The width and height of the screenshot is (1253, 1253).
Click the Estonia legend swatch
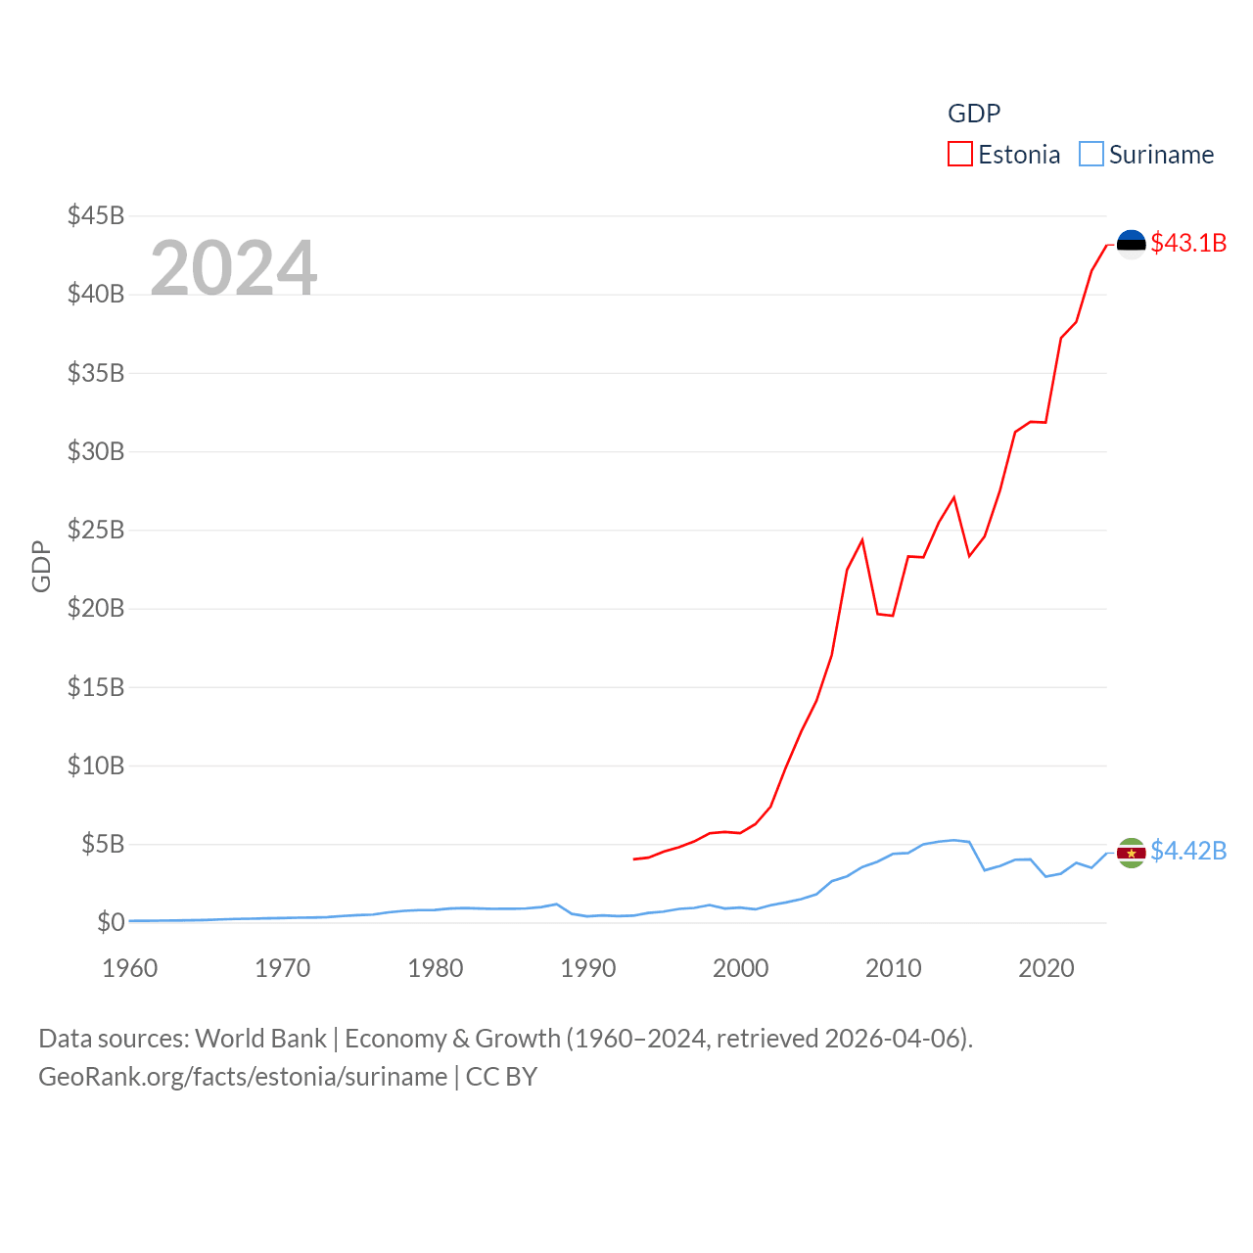959,155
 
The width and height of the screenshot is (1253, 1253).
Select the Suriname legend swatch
1091,155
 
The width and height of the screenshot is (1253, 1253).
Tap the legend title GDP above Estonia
974,114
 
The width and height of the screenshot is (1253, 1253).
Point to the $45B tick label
96,215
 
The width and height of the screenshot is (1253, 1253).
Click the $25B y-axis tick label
96,530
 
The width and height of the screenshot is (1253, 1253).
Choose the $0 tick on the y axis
111,922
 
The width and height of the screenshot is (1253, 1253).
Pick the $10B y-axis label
96,766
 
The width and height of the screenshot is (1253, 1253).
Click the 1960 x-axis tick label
129,968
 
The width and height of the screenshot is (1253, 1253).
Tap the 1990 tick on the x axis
587,968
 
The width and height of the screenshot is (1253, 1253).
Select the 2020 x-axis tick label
1045,968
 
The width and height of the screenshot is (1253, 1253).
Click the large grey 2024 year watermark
233,267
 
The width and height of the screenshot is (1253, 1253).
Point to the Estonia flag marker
1131,244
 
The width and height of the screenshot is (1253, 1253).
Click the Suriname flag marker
1131,853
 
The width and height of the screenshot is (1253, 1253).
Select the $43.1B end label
1188,243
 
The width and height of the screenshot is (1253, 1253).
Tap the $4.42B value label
1188,851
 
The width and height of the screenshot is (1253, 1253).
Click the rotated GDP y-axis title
41,566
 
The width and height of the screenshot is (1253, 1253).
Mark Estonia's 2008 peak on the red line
862,539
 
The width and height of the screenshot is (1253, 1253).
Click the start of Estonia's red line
634,859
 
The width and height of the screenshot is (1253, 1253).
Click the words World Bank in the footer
260,1038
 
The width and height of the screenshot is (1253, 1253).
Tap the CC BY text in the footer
501,1077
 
